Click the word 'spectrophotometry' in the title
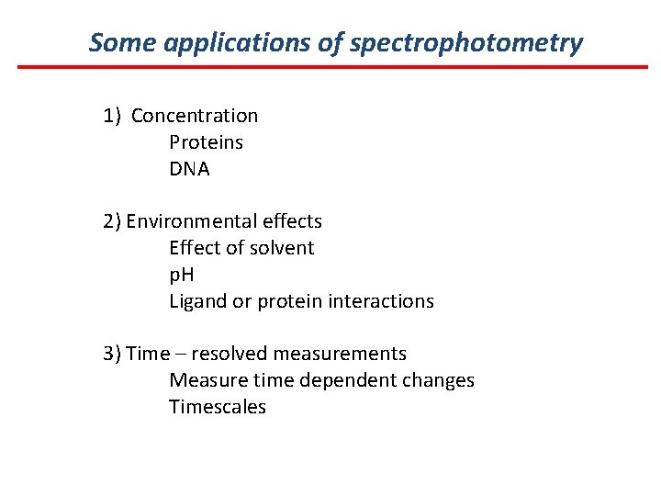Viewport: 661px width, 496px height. [x=465, y=43]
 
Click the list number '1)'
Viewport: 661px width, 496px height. [x=112, y=116]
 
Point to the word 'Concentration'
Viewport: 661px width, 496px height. [x=195, y=116]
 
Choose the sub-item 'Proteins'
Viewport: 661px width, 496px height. [x=206, y=142]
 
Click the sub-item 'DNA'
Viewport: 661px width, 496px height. [x=189, y=169]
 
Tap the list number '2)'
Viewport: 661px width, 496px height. [x=112, y=221]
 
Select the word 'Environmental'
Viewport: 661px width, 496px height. [x=188, y=221]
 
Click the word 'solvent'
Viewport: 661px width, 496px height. [x=283, y=248]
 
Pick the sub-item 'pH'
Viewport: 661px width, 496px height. [x=182, y=275]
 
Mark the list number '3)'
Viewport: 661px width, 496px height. [x=112, y=354]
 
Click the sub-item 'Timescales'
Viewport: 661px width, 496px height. [x=217, y=407]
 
